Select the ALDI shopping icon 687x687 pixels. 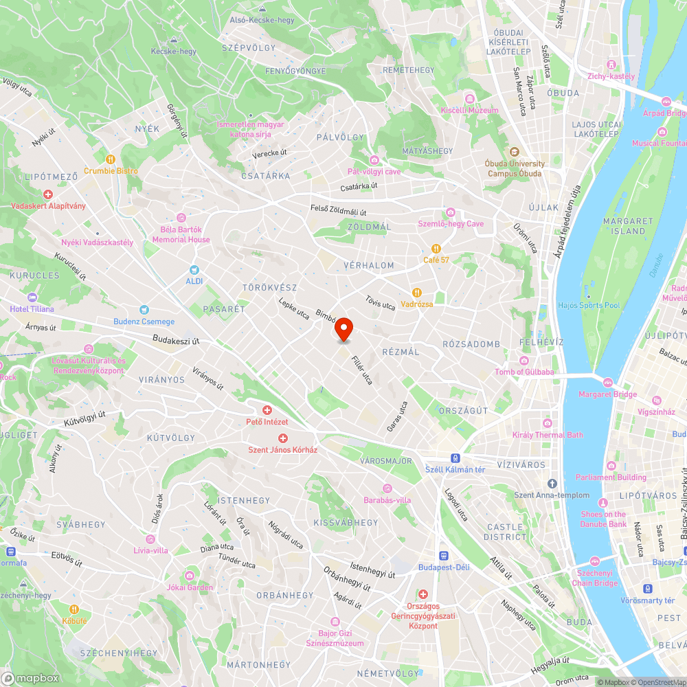coord(194,270)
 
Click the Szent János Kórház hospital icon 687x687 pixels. coord(282,438)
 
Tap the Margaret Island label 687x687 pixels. coord(627,226)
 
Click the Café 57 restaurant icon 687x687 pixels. coord(436,248)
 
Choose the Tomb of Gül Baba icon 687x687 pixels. coord(524,361)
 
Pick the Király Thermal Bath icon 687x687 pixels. coord(547,423)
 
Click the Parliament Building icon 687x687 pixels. coord(602,466)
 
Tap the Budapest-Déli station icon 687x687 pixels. coord(444,555)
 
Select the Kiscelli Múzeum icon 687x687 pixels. coord(471,98)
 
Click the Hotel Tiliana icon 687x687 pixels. coord(32,297)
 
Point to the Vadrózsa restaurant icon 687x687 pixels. coord(416,292)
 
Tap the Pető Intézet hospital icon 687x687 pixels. coord(267,410)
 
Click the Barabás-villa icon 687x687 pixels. coord(387,488)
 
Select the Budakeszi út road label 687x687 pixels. coord(176,339)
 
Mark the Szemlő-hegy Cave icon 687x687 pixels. coord(451,212)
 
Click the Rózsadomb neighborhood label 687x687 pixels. coord(471,343)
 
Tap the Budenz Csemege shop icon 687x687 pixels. coord(144,310)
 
